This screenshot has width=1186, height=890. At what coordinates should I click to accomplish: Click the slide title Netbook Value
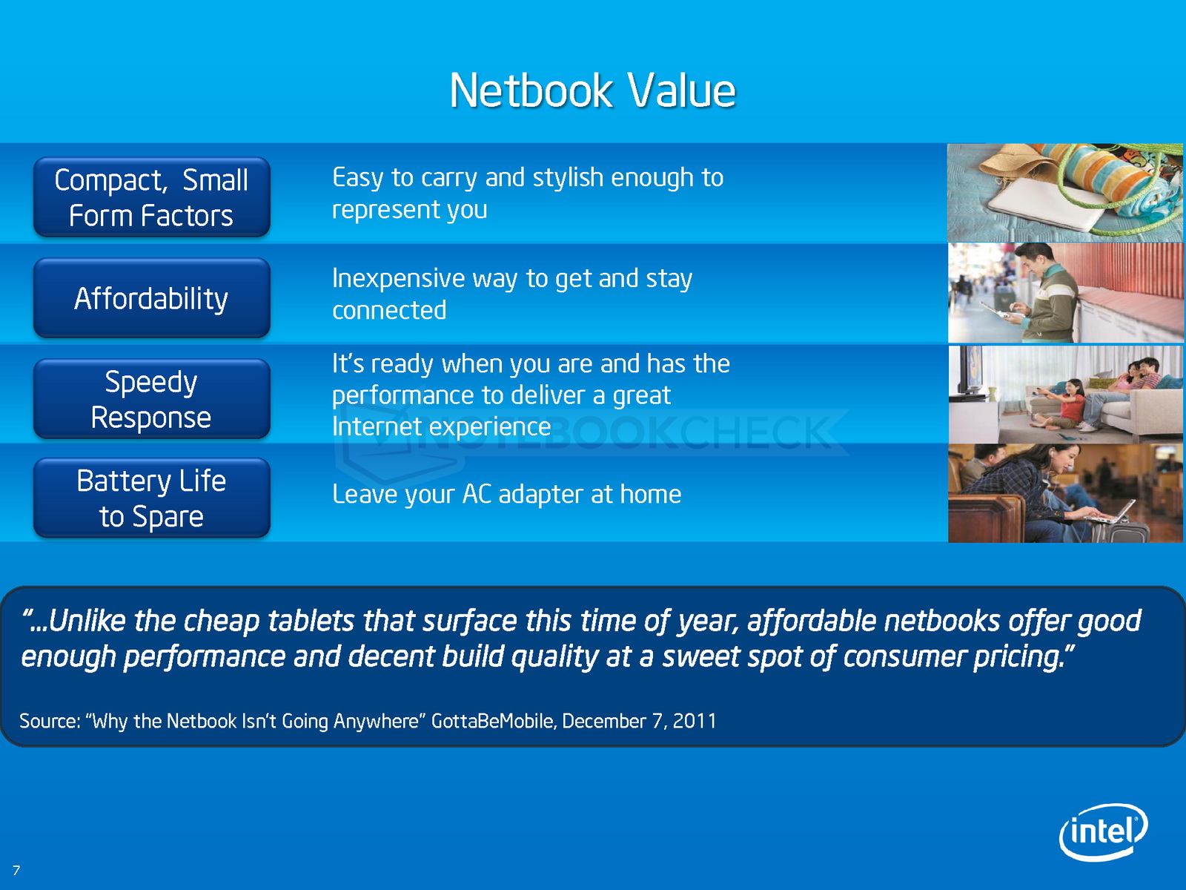click(592, 90)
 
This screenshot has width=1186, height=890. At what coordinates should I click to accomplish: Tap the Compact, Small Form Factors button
click(152, 197)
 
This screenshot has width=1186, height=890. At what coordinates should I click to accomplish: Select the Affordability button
click(152, 297)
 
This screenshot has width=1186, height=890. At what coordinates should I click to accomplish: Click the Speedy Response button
click(152, 399)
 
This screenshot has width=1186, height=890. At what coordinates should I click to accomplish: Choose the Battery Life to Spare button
click(152, 498)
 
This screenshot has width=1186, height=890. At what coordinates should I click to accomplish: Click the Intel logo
click(1103, 831)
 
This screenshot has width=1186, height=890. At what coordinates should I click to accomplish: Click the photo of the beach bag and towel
click(1065, 192)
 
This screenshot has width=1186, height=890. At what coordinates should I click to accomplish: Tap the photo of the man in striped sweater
click(1065, 292)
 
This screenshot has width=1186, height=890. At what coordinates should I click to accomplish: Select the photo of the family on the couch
click(1065, 394)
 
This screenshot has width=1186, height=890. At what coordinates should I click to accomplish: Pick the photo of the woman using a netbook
click(1065, 492)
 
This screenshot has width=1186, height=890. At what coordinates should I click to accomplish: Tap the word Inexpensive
click(398, 279)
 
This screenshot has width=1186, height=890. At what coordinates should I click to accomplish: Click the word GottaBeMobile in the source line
click(494, 721)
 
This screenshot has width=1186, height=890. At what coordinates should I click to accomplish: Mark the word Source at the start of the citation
click(50, 721)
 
